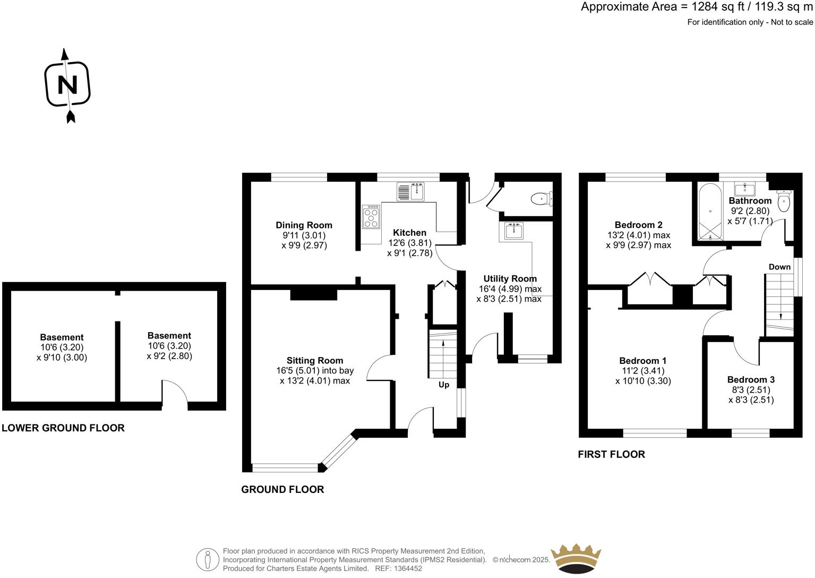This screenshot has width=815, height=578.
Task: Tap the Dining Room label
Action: [x=304, y=225]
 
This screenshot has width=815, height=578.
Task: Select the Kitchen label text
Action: [x=409, y=233]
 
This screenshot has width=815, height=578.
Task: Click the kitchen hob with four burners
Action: [x=371, y=217]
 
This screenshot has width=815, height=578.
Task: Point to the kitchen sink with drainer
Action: [x=410, y=191]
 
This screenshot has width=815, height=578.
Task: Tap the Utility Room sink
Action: [x=513, y=231]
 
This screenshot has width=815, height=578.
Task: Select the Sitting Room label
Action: [x=315, y=361]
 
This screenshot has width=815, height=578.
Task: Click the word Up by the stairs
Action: [x=444, y=385]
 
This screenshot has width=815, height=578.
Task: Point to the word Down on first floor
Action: [x=779, y=267]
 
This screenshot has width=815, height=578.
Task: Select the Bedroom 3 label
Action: [x=751, y=379]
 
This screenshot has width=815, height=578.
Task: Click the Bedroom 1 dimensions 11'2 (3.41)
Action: [x=643, y=371]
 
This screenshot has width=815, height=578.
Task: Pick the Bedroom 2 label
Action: [x=638, y=225]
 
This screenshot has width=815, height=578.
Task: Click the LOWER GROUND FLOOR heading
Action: [x=63, y=428]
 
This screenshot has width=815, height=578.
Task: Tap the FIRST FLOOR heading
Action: [x=611, y=454]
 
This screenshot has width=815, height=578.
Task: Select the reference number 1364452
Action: [x=406, y=568]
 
